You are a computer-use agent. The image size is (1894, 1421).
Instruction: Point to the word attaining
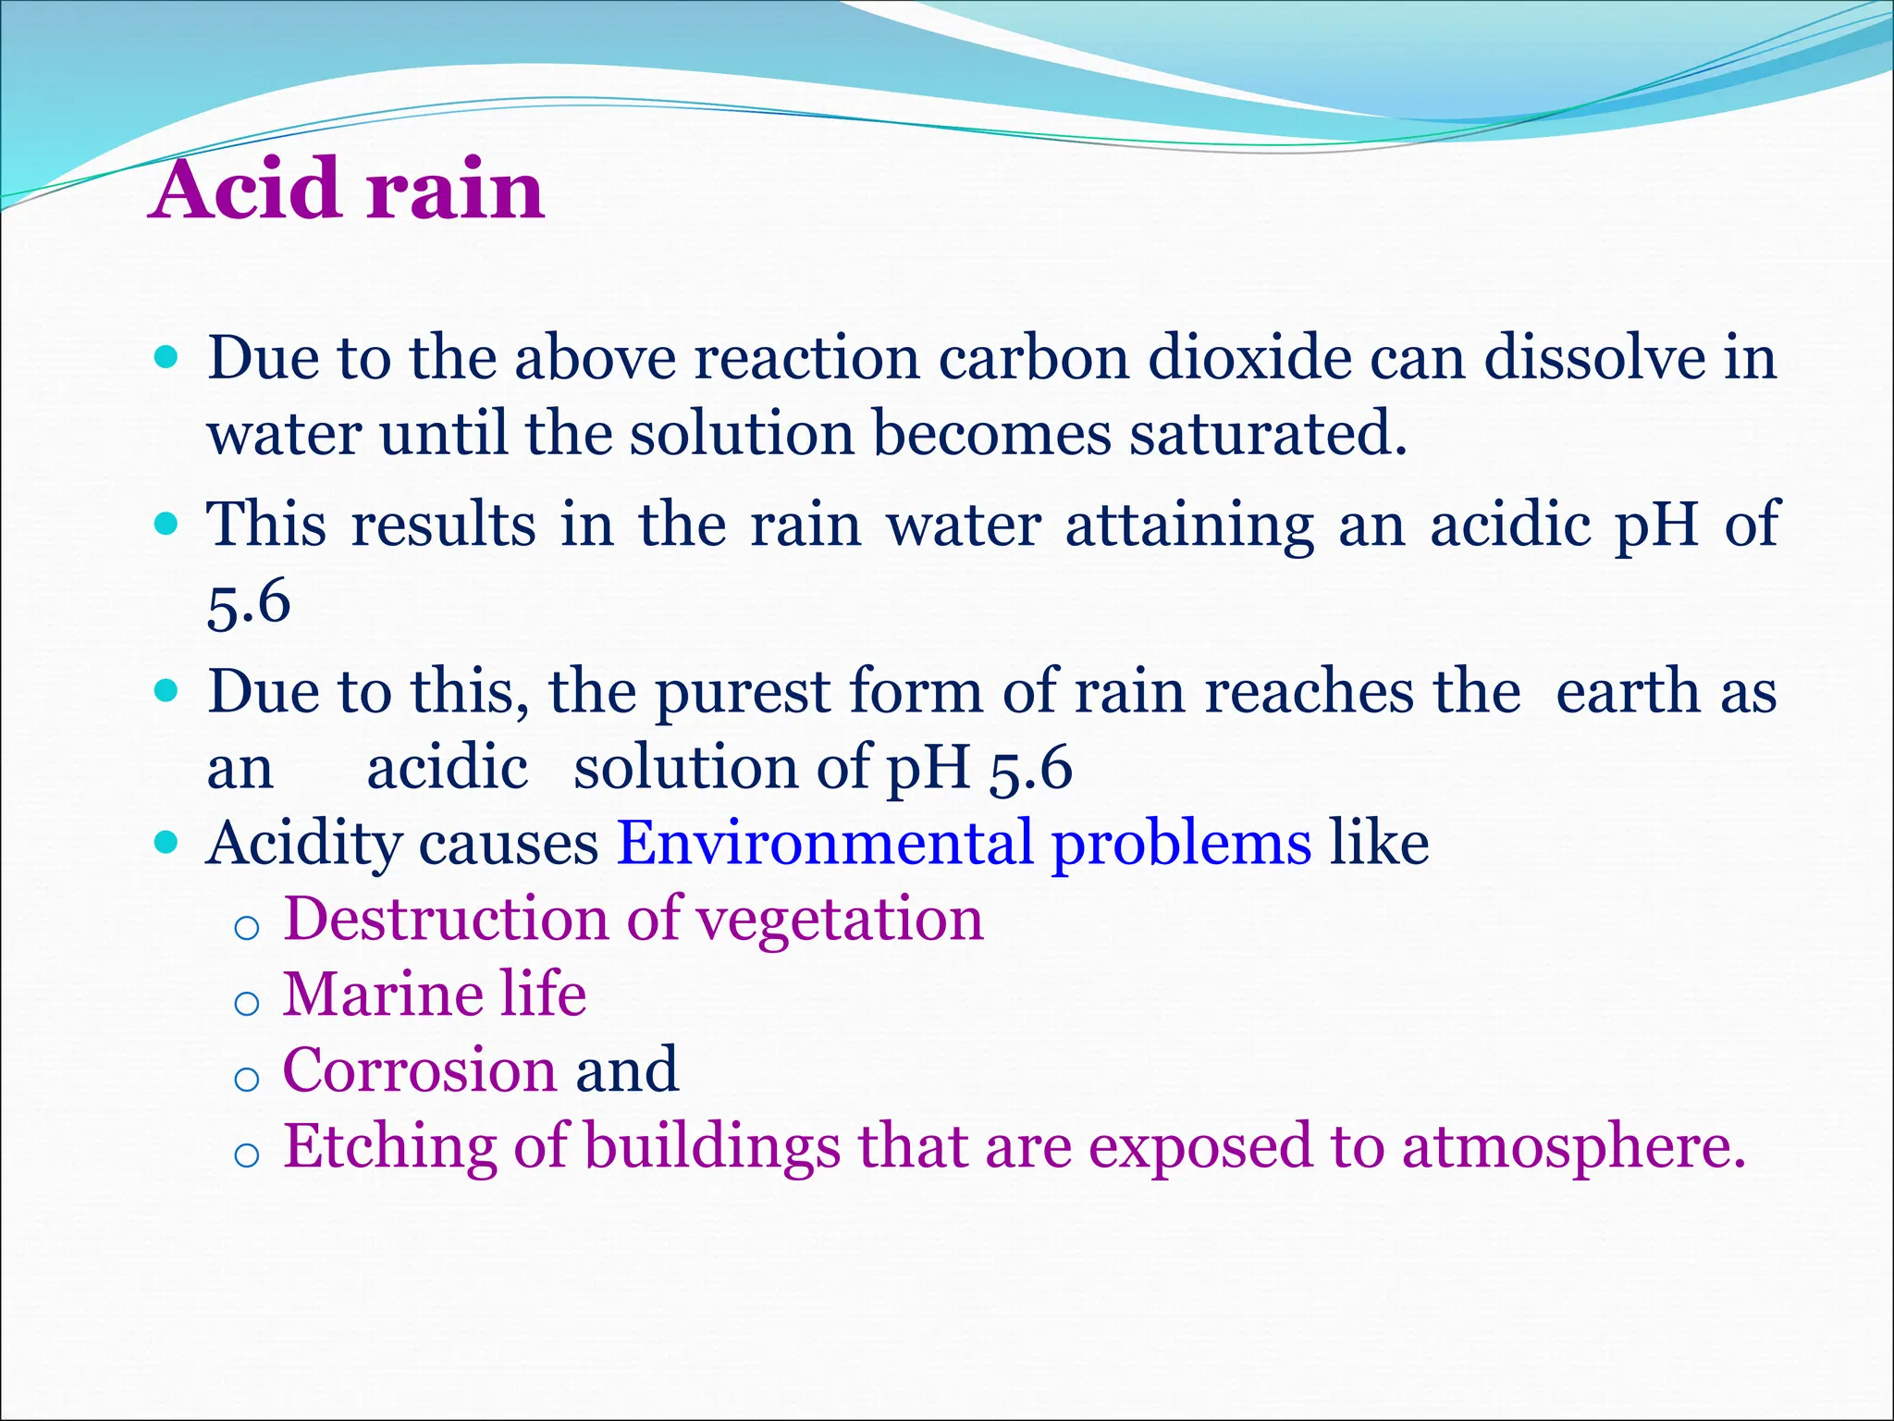1189,525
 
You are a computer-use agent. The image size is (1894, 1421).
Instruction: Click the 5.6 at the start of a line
249,602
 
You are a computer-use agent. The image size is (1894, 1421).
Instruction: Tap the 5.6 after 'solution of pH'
1030,769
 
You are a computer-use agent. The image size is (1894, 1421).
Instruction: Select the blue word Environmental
824,843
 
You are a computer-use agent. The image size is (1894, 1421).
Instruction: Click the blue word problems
1181,845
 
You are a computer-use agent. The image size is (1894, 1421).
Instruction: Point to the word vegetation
839,921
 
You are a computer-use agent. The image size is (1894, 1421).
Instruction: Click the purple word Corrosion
419,1070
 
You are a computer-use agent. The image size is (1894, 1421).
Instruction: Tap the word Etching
388,1148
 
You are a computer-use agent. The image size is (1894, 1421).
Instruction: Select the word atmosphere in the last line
1571,1148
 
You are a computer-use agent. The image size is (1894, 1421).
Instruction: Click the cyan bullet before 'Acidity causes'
166,843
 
